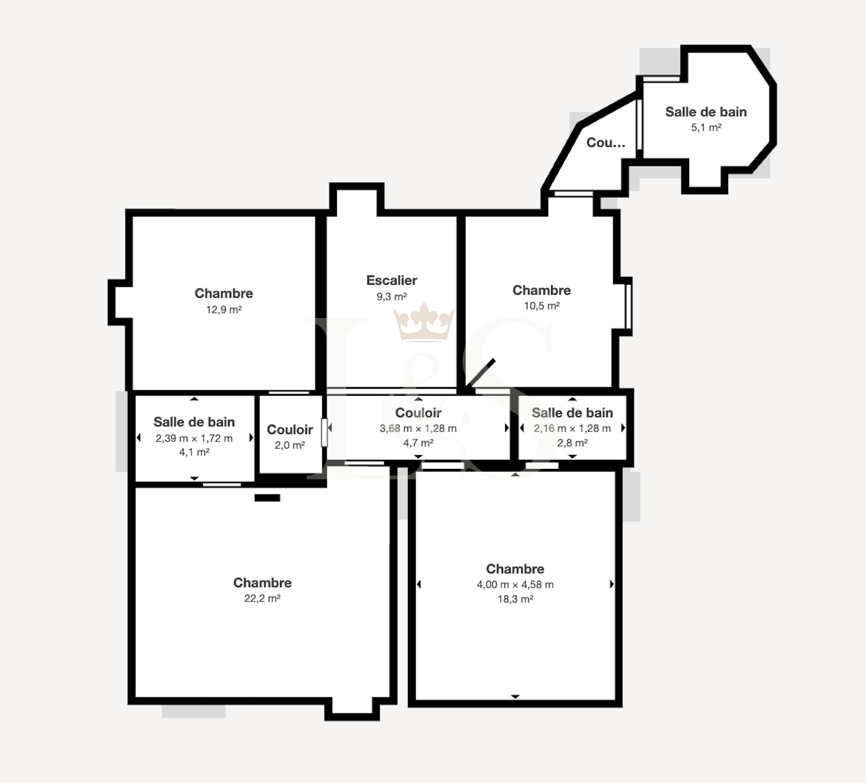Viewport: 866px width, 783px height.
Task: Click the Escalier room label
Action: tap(391, 280)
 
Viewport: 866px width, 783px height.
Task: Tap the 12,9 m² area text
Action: tap(224, 310)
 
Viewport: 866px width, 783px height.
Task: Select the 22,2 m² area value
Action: tap(262, 598)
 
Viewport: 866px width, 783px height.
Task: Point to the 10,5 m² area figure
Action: tap(542, 306)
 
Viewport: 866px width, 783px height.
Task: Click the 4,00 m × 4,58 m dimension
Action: tap(515, 584)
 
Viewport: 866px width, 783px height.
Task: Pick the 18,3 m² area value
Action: tap(515, 599)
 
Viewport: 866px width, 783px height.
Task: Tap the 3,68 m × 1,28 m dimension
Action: tap(418, 428)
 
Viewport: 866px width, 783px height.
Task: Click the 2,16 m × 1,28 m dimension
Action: tap(572, 428)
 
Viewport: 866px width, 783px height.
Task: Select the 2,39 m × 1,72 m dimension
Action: tap(194, 438)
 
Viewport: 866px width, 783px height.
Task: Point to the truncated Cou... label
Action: tap(606, 143)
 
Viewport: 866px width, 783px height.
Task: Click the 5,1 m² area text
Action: tap(706, 128)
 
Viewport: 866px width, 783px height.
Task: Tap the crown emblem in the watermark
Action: tap(423, 323)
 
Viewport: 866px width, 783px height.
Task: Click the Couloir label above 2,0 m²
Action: tap(290, 430)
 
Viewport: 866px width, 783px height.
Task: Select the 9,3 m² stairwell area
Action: tap(391, 297)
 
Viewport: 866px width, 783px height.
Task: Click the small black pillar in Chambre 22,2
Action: tap(267, 498)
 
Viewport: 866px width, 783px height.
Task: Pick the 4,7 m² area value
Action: tap(418, 443)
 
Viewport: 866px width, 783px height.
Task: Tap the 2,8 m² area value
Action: tap(572, 443)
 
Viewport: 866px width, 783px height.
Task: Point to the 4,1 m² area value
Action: tap(194, 452)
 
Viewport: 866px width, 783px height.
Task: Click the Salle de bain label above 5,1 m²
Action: tap(706, 112)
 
